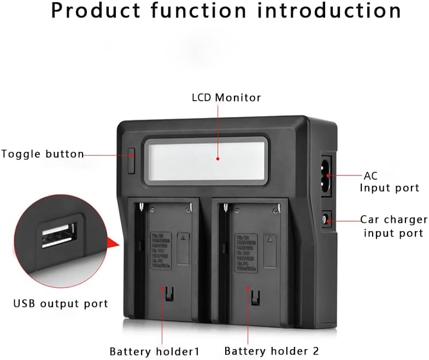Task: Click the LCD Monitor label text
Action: coord(226,98)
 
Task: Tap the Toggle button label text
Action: coord(43,154)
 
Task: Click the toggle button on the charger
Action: coord(131,161)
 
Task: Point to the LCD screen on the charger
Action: coord(208,158)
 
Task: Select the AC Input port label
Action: coord(389,182)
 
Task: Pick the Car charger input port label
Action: coord(393,226)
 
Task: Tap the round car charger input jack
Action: coord(326,220)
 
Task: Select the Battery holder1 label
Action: coord(155,351)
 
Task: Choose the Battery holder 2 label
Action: coord(272,351)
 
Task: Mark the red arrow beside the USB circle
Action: coord(113,243)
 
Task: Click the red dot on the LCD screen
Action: coord(218,159)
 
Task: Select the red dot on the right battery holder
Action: coord(248,286)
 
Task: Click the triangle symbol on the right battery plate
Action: coord(269,239)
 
